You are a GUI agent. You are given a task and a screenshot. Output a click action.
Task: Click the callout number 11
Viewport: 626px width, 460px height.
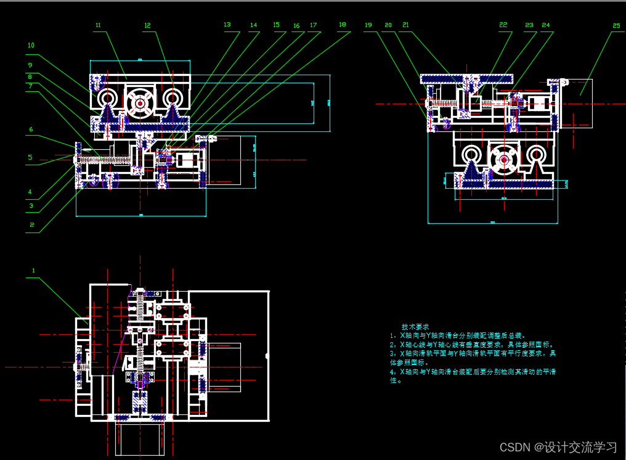[98, 25]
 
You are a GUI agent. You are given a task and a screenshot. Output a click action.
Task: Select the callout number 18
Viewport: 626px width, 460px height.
[342, 25]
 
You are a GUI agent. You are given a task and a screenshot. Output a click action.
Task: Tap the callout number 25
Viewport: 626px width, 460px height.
[617, 26]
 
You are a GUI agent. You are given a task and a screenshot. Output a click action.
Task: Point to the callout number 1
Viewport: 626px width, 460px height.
[34, 270]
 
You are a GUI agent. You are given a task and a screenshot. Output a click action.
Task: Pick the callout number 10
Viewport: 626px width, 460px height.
[31, 45]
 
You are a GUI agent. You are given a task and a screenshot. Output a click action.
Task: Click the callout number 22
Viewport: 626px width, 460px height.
[503, 25]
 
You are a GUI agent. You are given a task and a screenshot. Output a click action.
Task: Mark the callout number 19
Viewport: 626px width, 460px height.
[368, 25]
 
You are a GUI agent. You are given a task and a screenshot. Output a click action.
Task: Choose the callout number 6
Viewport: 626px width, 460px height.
[30, 129]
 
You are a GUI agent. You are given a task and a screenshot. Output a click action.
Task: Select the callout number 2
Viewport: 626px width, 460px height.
[32, 224]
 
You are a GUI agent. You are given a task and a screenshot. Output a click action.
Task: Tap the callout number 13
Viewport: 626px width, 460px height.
[227, 25]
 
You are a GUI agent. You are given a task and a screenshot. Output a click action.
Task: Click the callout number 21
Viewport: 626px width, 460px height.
[405, 25]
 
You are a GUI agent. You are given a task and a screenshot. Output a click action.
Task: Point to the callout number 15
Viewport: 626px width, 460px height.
[276, 25]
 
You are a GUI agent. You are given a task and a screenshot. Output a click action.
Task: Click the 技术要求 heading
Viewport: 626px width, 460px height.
[415, 326]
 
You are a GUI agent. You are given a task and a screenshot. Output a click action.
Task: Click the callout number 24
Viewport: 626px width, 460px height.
[546, 25]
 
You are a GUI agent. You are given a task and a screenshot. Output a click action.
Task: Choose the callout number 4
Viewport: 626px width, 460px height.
[30, 192]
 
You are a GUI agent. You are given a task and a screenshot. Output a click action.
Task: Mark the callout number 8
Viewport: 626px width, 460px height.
[30, 76]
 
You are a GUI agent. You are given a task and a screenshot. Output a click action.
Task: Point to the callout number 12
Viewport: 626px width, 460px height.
[147, 26]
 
